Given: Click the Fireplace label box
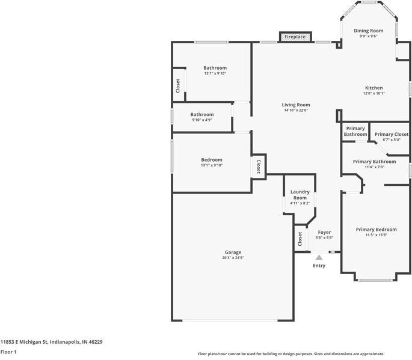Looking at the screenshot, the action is pyautogui.click(x=295, y=37).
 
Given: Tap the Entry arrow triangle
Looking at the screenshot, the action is pyautogui.click(x=319, y=257).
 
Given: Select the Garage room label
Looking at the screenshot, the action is pyautogui.click(x=233, y=252).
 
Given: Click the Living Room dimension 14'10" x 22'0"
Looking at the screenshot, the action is pyautogui.click(x=296, y=111).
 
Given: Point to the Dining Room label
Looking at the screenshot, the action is pyautogui.click(x=368, y=31).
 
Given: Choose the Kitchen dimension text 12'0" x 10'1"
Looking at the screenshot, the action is pyautogui.click(x=374, y=93).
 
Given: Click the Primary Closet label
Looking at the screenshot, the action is pyautogui.click(x=392, y=134).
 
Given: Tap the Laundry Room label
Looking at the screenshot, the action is pyautogui.click(x=300, y=195).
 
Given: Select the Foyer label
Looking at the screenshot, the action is pyautogui.click(x=324, y=233).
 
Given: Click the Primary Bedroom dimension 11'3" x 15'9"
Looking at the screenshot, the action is pyautogui.click(x=377, y=235).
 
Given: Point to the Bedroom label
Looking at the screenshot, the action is pyautogui.click(x=212, y=160).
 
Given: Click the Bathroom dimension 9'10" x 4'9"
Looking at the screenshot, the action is pyautogui.click(x=202, y=120).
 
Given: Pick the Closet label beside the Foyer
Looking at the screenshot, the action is pyautogui.click(x=300, y=239).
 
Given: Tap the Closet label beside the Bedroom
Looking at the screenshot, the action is pyautogui.click(x=258, y=166).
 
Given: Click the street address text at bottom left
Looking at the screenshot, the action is pyautogui.click(x=52, y=342).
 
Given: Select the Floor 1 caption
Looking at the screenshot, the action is pyautogui.click(x=8, y=352).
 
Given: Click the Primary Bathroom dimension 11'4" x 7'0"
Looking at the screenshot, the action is pyautogui.click(x=375, y=167).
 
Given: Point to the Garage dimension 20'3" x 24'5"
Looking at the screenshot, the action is pyautogui.click(x=233, y=258).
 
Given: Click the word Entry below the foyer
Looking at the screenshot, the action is pyautogui.click(x=319, y=266).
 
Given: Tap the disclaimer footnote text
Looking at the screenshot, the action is pyautogui.click(x=291, y=354).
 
